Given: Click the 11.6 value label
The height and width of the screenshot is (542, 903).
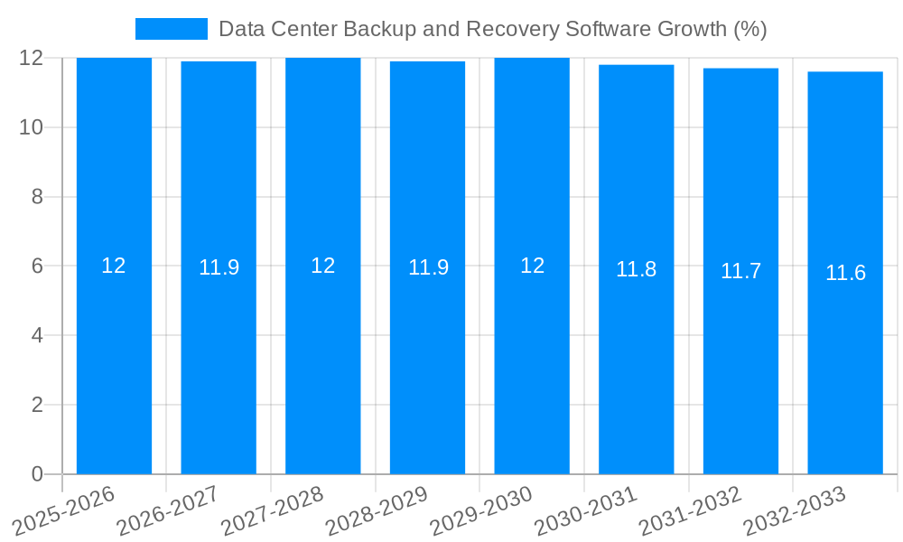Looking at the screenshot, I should pos(845,273).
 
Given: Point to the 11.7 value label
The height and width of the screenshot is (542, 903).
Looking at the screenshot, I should pos(740,271).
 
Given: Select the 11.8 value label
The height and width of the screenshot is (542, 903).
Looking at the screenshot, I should pos(636,269).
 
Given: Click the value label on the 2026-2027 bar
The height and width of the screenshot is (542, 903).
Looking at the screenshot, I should pos(219,267).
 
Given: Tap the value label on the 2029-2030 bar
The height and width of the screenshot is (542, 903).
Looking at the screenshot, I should pos(532,266).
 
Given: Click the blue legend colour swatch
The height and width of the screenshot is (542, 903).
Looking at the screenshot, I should pos(171,29).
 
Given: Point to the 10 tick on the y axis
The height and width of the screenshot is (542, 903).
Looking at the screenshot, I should pos(32,127).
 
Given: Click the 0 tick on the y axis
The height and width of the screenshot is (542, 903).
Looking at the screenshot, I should pos(37,473).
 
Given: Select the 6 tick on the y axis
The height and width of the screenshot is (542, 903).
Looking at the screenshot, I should pos(37,266).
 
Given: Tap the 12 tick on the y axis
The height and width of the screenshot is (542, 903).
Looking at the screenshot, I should pos(32,58).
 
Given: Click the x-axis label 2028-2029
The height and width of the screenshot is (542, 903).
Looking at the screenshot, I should pos(377,511).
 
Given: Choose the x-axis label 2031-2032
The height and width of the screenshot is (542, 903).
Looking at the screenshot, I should pos(690,511).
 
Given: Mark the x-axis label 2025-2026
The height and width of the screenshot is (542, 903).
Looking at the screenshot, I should pos(63,511).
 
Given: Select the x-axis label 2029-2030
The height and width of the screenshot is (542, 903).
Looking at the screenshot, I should pos(480,511).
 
